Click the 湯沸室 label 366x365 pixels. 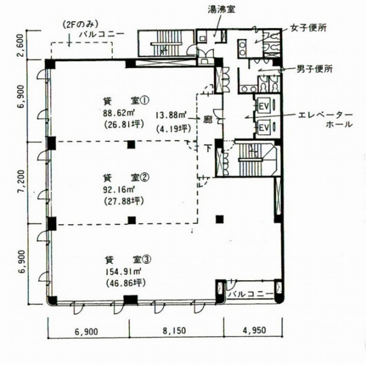[x=221, y=9]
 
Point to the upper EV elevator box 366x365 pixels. [x=264, y=107]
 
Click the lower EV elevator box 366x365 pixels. [x=264, y=128]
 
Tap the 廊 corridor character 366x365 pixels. [x=208, y=120]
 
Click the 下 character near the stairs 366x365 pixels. [x=208, y=148]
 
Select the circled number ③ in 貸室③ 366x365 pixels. [x=147, y=260]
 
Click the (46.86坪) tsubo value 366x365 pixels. [x=125, y=284]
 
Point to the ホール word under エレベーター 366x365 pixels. [x=339, y=125]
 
